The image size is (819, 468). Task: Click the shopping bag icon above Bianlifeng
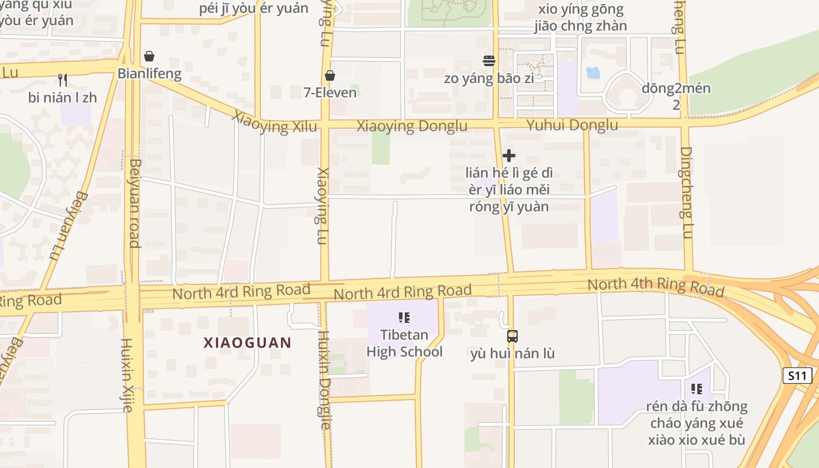[149, 56]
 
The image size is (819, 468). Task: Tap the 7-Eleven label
[330, 92]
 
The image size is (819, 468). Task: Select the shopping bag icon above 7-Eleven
[330, 75]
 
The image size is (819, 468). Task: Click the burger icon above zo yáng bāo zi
[489, 61]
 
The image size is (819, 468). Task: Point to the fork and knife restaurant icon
[63, 80]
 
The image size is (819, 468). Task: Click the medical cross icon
[509, 156]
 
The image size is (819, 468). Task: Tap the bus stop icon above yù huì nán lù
[512, 336]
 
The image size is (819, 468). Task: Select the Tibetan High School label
[404, 343]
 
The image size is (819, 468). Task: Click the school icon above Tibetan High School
[404, 318]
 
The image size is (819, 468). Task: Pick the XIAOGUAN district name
[247, 343]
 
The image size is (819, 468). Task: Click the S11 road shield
[797, 376]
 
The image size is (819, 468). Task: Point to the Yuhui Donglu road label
[572, 125]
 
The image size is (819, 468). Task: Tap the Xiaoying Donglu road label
[412, 126]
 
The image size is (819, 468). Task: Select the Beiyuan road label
[135, 203]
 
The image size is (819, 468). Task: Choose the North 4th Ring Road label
[656, 286]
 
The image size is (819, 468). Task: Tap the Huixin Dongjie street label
[325, 380]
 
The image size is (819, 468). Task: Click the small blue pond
[593, 73]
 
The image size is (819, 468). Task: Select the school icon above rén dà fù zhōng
[696, 389]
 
